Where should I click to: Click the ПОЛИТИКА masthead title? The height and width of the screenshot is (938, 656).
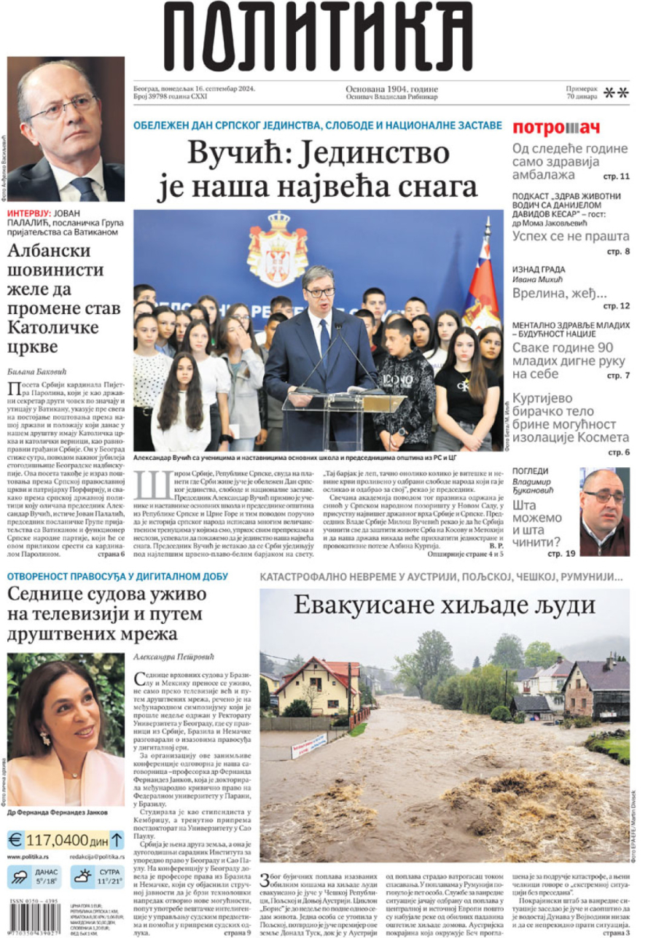(x=318, y=36)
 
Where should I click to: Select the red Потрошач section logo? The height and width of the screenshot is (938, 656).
(x=556, y=128)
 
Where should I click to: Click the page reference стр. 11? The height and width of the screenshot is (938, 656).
(x=615, y=176)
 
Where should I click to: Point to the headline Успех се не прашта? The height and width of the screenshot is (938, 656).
(x=570, y=236)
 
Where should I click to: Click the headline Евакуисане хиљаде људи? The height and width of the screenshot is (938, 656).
(x=445, y=605)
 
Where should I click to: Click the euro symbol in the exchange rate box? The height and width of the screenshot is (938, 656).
(x=16, y=839)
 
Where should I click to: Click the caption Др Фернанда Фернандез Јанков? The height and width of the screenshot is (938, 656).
(x=58, y=811)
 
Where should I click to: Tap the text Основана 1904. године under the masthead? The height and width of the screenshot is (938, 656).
(x=391, y=89)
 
